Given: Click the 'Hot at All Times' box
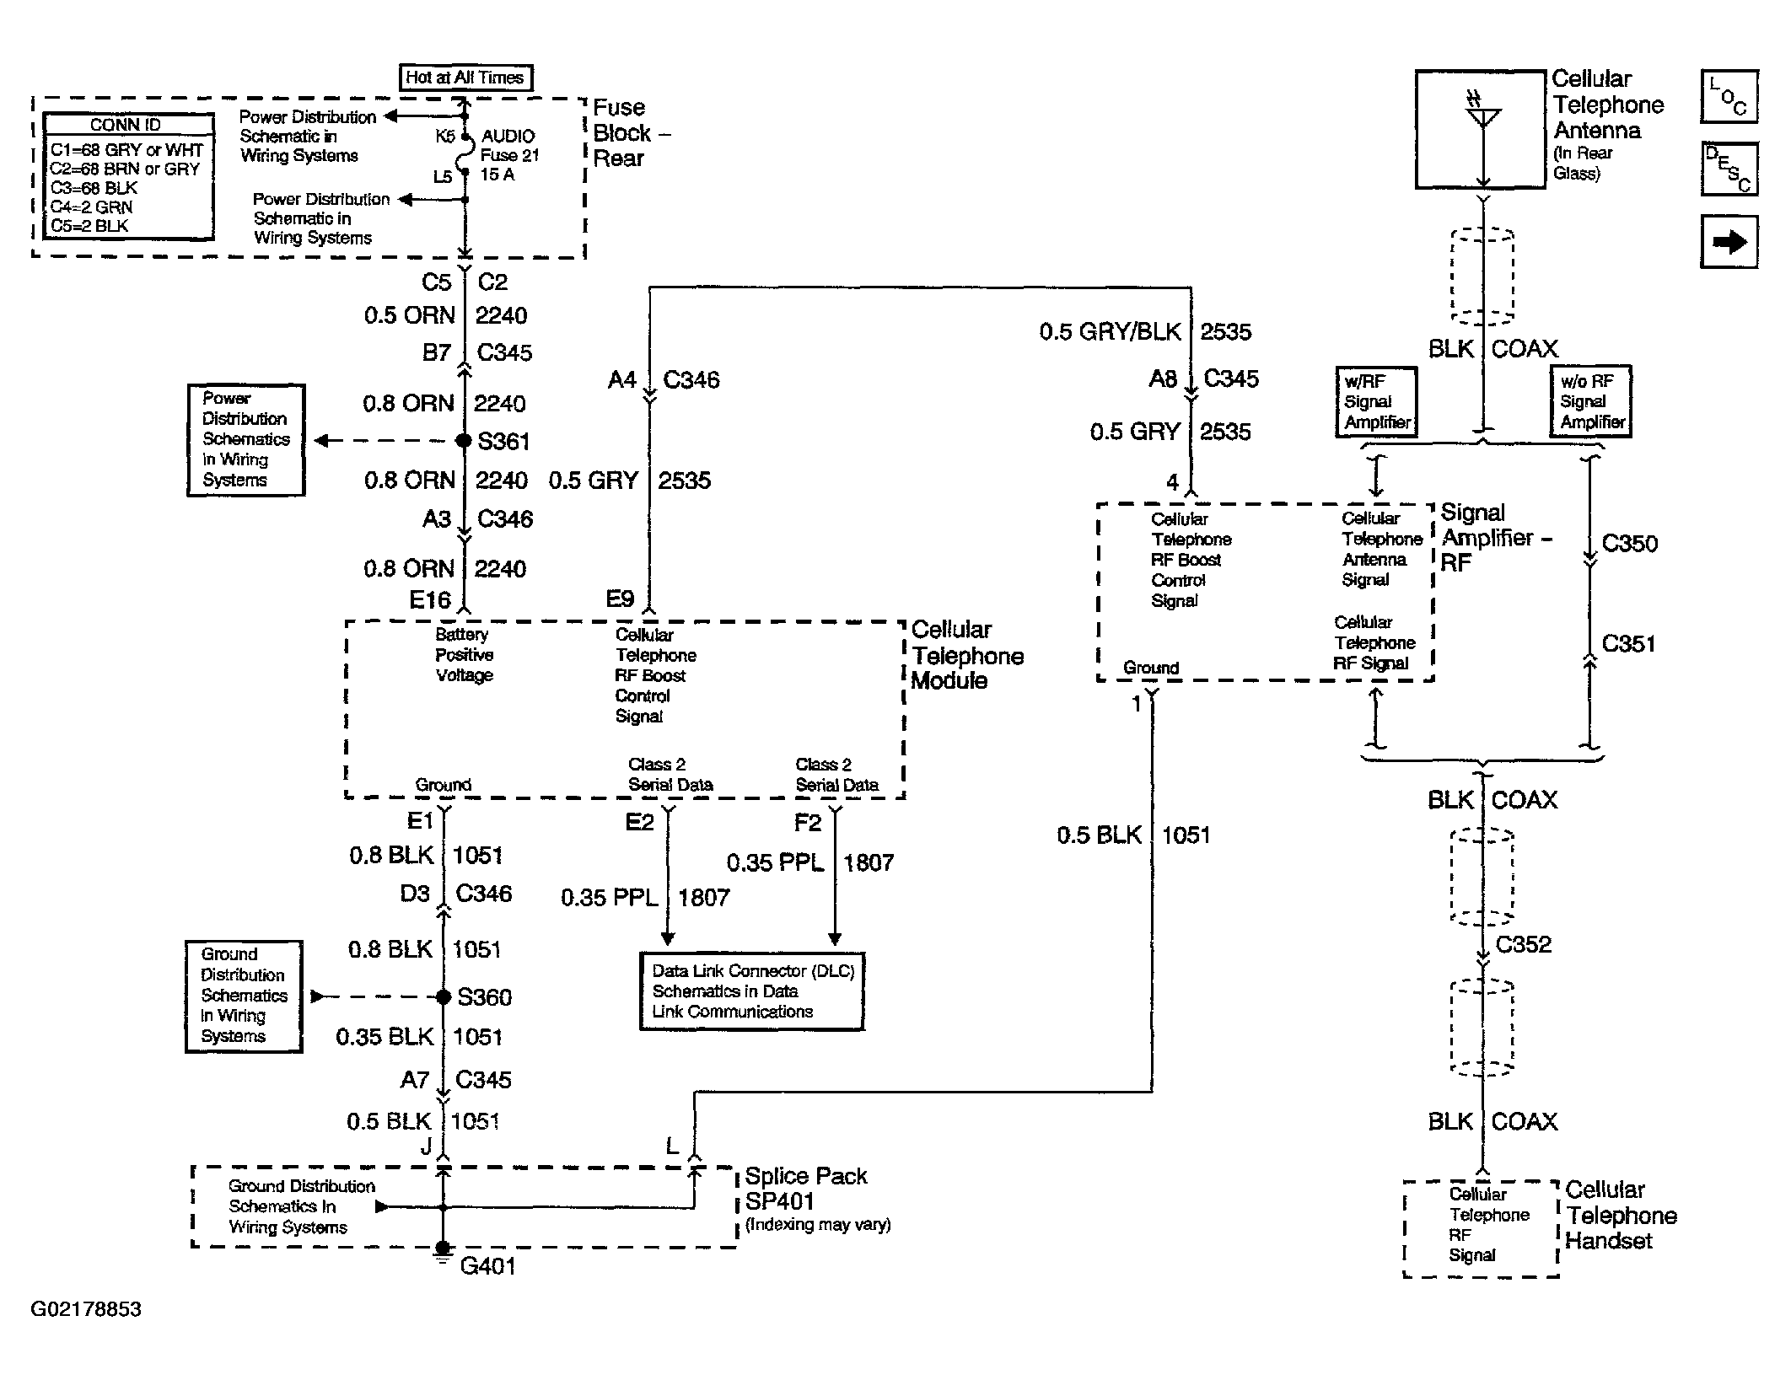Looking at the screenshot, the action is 465,78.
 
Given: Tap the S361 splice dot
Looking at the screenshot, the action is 463,440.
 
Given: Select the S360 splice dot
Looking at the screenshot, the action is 444,996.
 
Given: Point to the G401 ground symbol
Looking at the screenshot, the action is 443,1254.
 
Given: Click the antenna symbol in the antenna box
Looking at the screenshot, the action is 1482,114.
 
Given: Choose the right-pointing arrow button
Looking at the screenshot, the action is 1729,243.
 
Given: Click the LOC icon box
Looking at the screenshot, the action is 1729,97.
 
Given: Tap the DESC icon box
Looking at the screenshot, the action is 1729,169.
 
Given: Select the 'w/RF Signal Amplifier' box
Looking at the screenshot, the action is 1376,401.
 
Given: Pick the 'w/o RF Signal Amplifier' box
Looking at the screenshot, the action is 1591,401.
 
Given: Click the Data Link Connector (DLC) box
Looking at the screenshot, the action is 752,991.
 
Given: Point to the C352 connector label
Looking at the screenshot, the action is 1523,944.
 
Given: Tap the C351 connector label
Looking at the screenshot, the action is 1628,644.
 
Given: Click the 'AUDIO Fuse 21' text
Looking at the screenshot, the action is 509,145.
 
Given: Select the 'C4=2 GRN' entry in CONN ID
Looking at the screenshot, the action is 91,207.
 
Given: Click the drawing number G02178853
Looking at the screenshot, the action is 86,1309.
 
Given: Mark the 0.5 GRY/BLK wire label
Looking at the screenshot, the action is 1110,331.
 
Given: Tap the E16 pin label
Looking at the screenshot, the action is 430,599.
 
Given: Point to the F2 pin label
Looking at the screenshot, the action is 807,822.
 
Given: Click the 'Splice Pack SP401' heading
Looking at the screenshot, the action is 806,1188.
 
